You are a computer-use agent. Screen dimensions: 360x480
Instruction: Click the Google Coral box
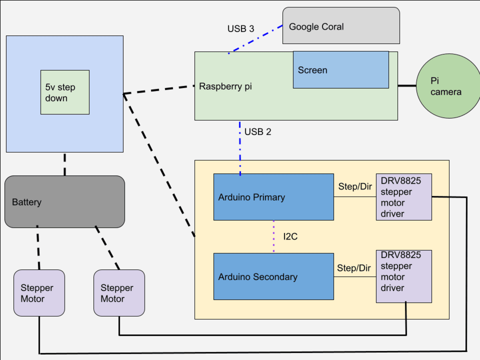pos(341,26)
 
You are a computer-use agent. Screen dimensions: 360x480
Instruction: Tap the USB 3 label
pos(241,29)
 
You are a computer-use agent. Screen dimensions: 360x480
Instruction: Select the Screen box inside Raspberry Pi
pos(341,70)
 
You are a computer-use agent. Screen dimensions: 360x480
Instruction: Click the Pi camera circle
pos(448,86)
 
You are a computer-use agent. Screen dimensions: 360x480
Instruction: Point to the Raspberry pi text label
pos(226,86)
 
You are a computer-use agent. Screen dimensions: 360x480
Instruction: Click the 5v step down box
pos(65,92)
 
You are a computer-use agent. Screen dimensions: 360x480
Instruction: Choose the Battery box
pos(65,202)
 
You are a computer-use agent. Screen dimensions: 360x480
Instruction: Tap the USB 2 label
pos(258,132)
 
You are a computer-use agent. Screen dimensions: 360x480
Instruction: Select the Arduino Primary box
pos(274,197)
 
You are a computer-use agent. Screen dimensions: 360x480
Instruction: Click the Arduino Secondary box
pos(274,276)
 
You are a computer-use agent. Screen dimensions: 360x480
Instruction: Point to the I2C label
pos(290,236)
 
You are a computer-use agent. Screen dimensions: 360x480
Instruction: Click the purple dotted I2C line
pos(274,236)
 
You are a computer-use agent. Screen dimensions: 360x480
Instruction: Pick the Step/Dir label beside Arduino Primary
pos(355,187)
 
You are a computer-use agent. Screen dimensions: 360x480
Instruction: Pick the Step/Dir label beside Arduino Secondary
pos(354,268)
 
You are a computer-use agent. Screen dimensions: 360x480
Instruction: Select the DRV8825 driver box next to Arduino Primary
pos(404,197)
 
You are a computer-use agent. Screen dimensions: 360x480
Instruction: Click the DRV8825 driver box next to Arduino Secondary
pos(404,276)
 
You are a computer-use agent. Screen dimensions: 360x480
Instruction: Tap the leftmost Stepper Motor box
pos(39,293)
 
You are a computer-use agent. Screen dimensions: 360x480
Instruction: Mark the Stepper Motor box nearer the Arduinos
pos(119,293)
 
